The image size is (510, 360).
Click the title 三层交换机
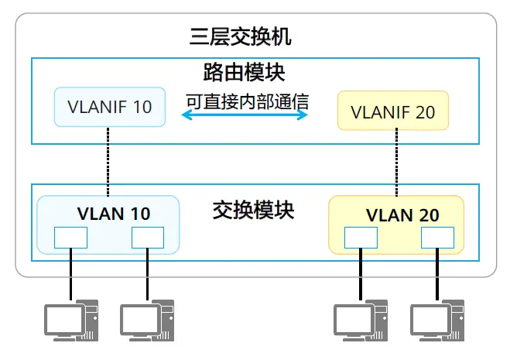point(241,36)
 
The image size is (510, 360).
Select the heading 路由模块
point(244,72)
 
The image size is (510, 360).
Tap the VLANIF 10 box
point(110,107)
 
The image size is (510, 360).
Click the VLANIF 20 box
point(393,111)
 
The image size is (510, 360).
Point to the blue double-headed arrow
point(245,115)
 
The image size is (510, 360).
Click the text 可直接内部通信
point(247,101)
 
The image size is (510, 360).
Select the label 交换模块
point(253,210)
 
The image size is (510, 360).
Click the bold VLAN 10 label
point(114,214)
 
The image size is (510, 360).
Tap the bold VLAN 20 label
point(402,215)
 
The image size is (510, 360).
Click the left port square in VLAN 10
point(70,238)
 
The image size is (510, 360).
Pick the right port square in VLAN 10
point(148,238)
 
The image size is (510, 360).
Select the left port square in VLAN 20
point(361,238)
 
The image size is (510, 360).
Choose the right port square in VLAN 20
point(437,238)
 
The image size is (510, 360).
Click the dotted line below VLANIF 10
point(108,162)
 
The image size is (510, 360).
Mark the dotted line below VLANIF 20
point(396,162)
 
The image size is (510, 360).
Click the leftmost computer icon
point(71,321)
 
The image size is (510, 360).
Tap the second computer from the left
point(147,321)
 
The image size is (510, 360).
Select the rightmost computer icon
point(437,321)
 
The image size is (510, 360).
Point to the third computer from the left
point(361,321)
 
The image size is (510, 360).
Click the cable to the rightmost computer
point(437,274)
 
